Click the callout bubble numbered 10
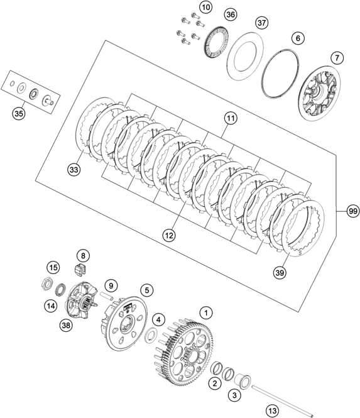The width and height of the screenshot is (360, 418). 205,8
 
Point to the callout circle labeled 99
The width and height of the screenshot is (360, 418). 352,211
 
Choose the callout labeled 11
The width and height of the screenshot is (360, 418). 230,118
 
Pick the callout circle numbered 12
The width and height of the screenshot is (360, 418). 168,234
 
